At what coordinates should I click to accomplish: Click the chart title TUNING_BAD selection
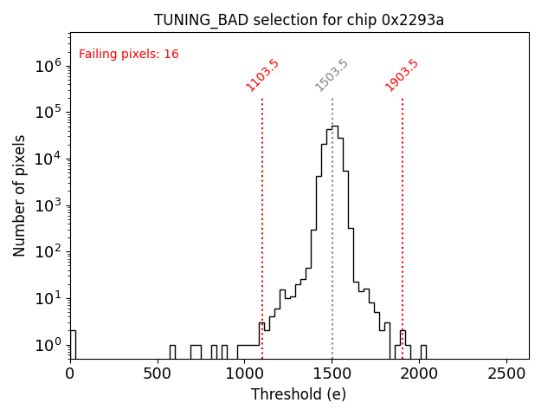click(x=299, y=20)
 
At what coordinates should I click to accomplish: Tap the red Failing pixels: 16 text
click(x=129, y=54)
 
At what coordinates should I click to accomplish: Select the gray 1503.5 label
click(x=332, y=75)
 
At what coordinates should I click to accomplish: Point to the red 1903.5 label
click(x=402, y=75)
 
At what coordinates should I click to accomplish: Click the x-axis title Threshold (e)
click(x=299, y=394)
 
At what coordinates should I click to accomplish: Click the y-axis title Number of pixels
click(x=20, y=195)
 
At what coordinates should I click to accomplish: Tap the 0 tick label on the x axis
click(x=70, y=374)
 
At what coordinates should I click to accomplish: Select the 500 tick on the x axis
click(x=158, y=374)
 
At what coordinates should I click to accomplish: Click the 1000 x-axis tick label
click(x=245, y=374)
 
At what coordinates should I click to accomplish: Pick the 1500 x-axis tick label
click(x=332, y=374)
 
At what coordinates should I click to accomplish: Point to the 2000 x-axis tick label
click(x=420, y=374)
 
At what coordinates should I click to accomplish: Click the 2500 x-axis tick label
click(x=507, y=374)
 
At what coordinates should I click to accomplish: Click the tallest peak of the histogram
click(x=335, y=127)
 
